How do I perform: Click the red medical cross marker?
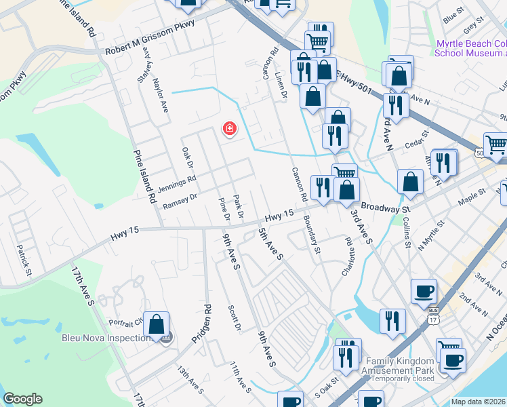[229, 128]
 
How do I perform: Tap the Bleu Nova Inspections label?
[106, 338]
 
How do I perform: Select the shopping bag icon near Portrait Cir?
[157, 326]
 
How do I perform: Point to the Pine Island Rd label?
[144, 176]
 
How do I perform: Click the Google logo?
[22, 399]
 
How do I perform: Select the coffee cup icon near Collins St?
[424, 291]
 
